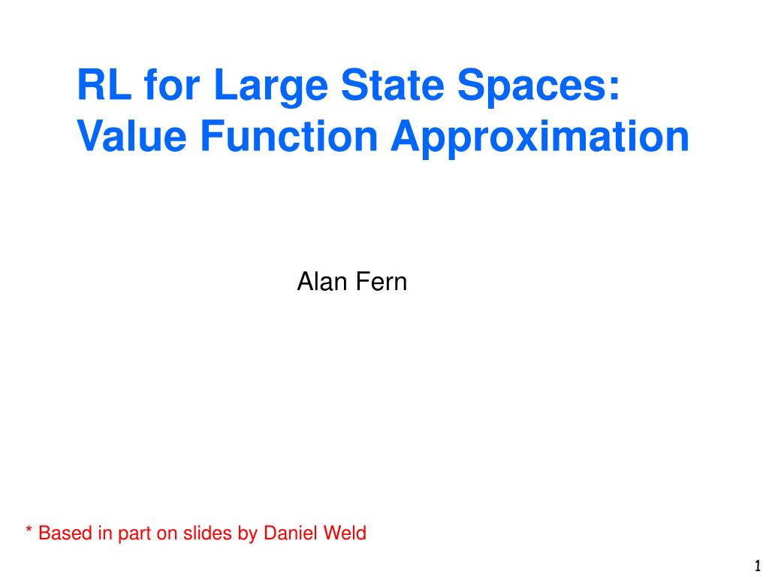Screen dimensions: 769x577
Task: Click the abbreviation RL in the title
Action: pyautogui.click(x=104, y=84)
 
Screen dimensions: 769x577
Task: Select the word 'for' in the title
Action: pyautogui.click(x=172, y=84)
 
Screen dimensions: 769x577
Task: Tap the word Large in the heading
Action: pyautogui.click(x=271, y=87)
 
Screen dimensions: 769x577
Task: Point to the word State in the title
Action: pyautogui.click(x=393, y=84)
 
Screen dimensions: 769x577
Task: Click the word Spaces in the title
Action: pyautogui.click(x=532, y=87)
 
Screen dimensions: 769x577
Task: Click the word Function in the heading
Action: pyautogui.click(x=289, y=136)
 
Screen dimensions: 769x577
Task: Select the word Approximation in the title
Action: pyautogui.click(x=540, y=139)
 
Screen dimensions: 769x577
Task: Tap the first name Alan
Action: pyautogui.click(x=321, y=282)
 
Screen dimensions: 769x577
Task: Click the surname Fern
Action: pyautogui.click(x=381, y=282)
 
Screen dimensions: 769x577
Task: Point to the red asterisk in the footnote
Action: pyautogui.click(x=29, y=529)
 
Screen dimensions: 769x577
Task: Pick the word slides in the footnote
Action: pyautogui.click(x=207, y=533)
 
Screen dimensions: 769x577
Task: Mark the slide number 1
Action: pyautogui.click(x=757, y=565)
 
